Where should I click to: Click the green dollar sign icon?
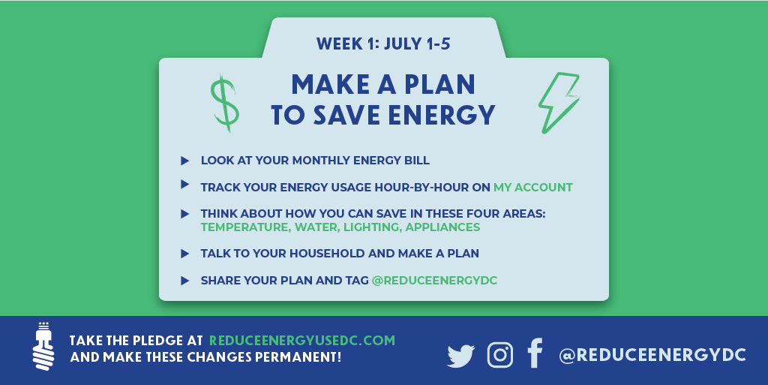pos(225,104)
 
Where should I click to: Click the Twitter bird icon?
pos(461,356)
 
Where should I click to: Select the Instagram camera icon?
pos(500,355)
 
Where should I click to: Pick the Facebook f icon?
pos(535,353)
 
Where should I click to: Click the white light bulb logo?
pos(43,346)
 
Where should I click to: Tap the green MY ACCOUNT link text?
pos(533,188)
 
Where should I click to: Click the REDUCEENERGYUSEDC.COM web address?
pos(301,341)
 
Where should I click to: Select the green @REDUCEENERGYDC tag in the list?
pos(434,281)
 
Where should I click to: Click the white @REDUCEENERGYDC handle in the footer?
pos(652,355)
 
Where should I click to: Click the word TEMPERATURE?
pos(244,227)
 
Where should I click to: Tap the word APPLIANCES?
pos(442,227)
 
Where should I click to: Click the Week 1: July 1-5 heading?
pos(383,44)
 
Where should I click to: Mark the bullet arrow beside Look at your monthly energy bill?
pos(184,161)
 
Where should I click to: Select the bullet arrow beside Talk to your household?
pos(184,254)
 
